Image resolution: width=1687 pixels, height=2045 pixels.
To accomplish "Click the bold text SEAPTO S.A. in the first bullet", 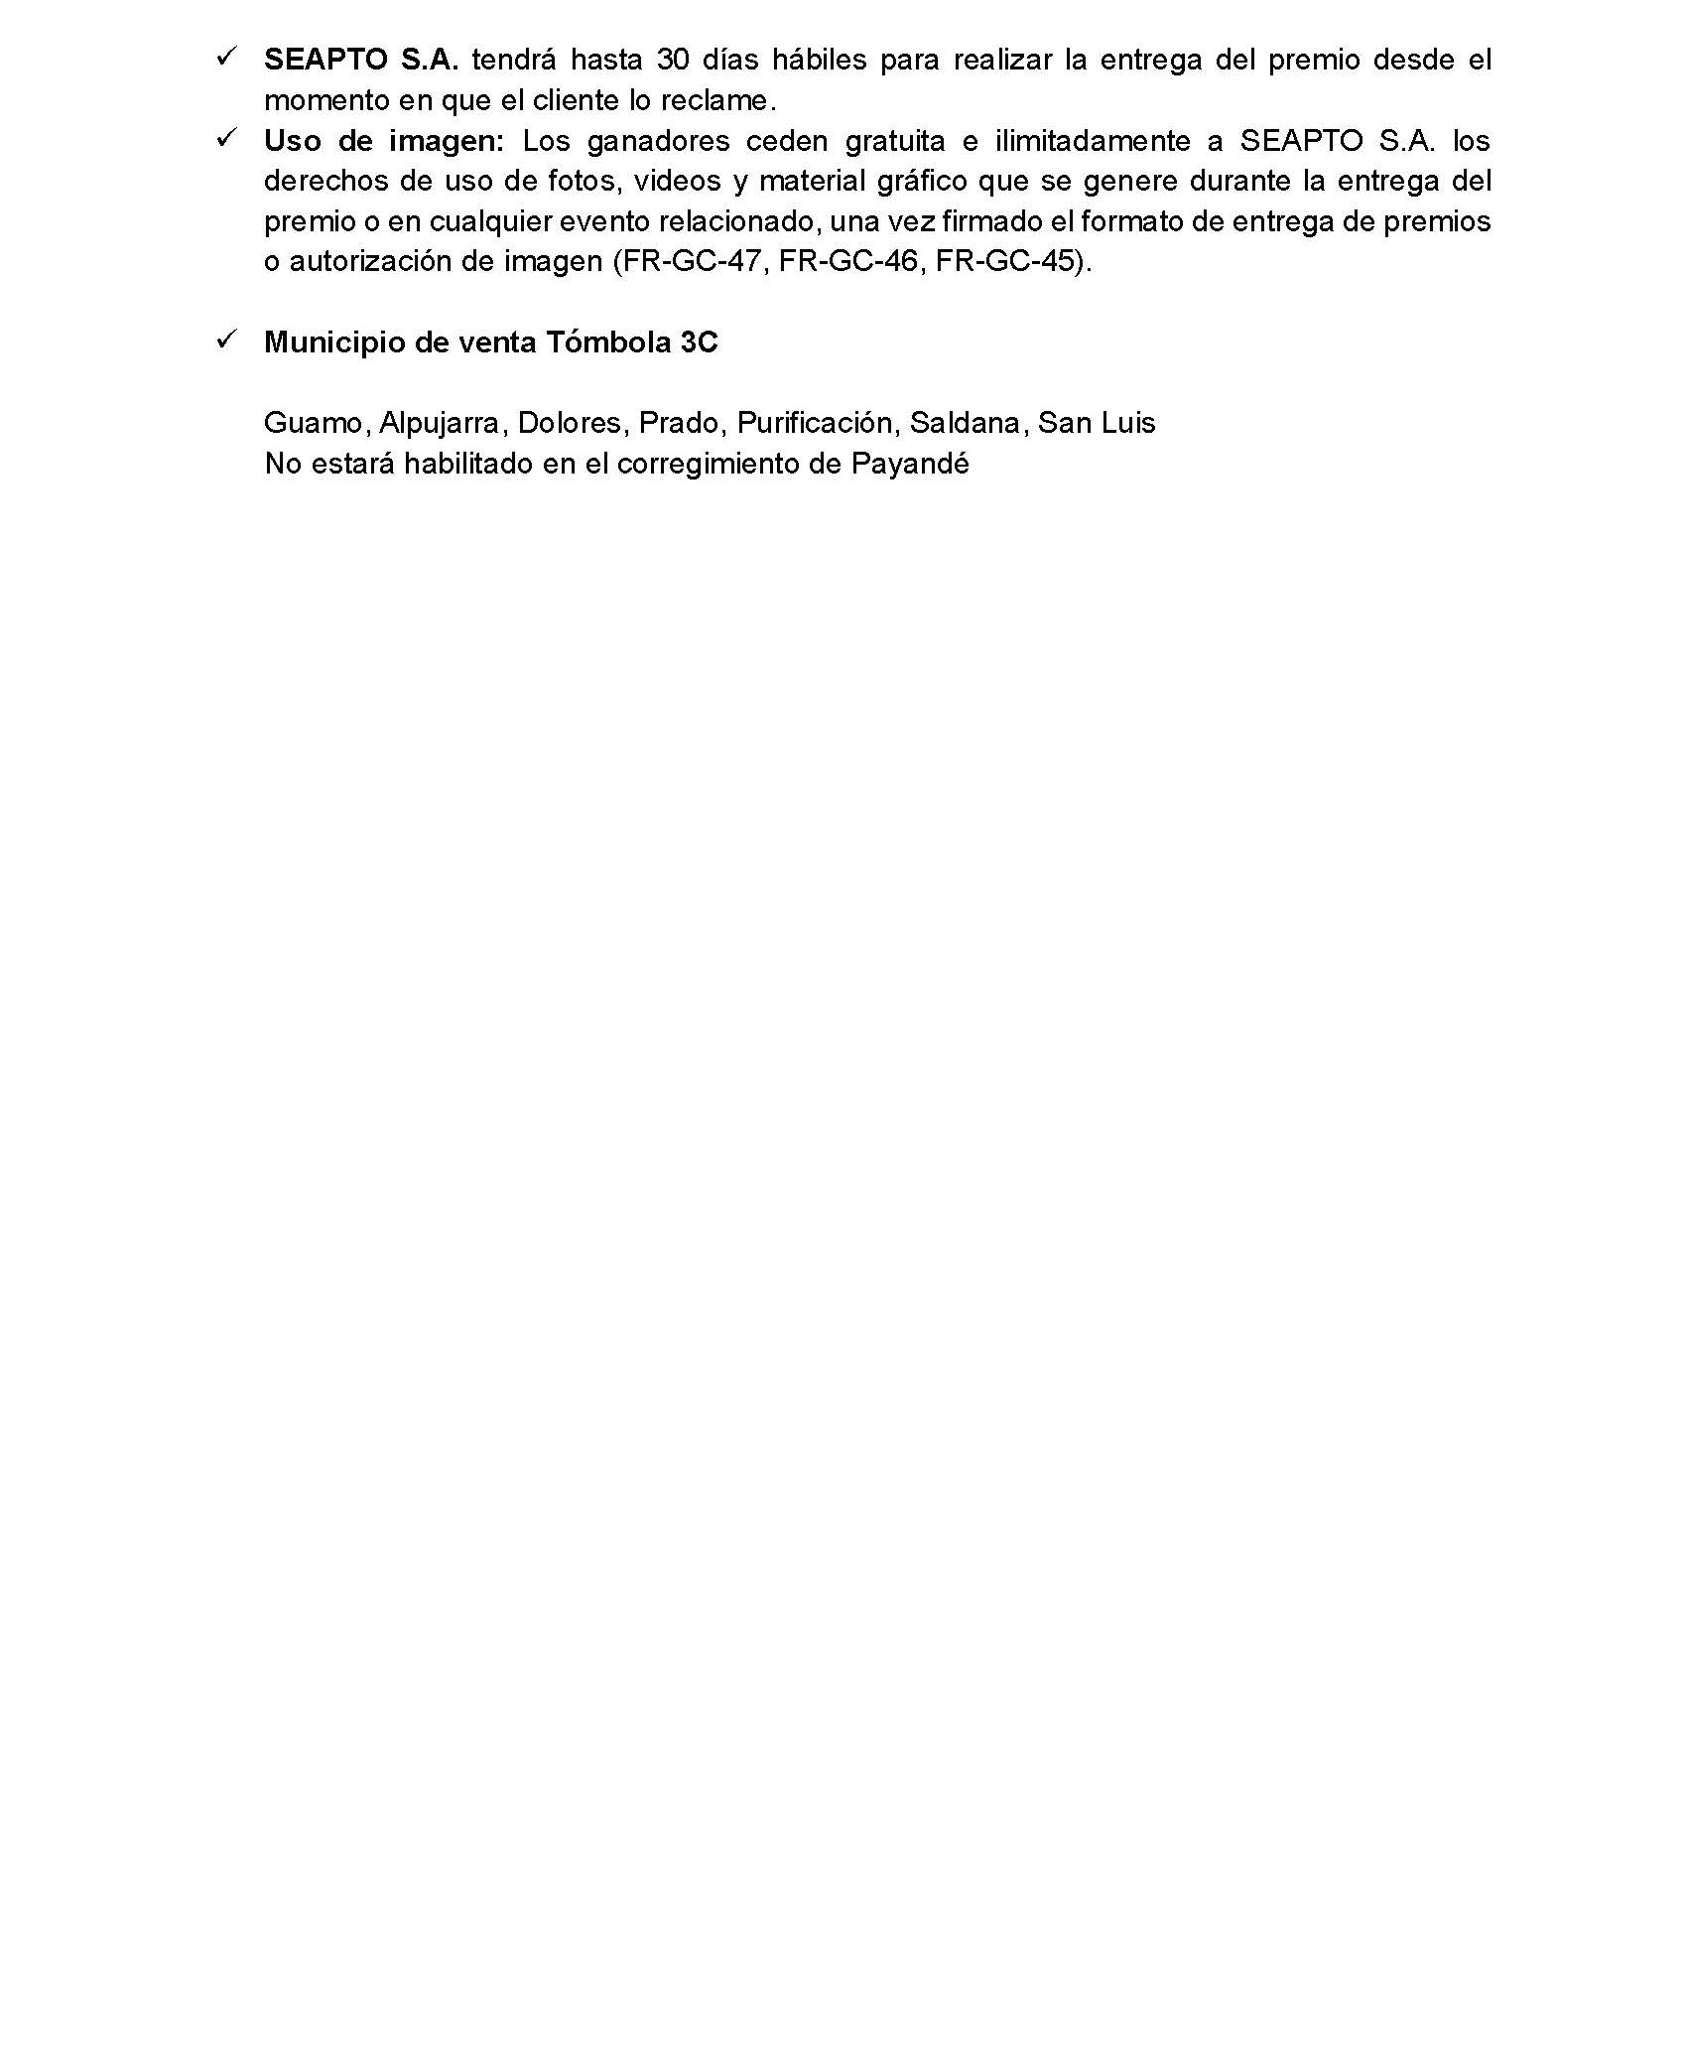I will [x=360, y=61].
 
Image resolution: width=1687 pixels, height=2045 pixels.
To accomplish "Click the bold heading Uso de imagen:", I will [x=384, y=141].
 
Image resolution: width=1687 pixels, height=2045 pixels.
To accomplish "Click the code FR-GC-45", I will [x=1006, y=262].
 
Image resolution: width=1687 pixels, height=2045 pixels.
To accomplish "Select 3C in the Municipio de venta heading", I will [x=700, y=342].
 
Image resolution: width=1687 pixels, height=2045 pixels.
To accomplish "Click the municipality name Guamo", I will [x=317, y=424].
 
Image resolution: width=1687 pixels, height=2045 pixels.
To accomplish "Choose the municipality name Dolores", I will [x=570, y=424].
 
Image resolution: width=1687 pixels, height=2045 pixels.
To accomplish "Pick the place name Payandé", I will [x=910, y=465].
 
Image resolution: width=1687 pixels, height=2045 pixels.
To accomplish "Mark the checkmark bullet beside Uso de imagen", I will [x=225, y=140].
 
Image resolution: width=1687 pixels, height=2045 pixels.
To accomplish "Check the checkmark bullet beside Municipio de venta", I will [x=225, y=341].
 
